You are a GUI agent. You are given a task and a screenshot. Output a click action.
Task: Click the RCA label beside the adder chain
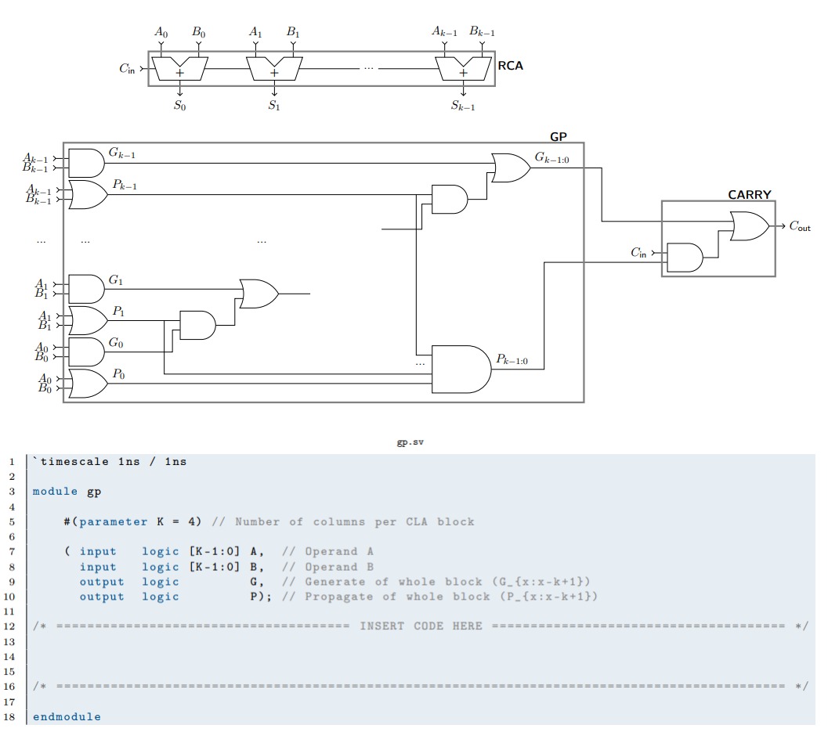pos(510,66)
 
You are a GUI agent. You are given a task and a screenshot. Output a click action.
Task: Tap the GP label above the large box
pos(558,136)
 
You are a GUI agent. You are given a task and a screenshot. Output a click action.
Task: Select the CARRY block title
pos(749,194)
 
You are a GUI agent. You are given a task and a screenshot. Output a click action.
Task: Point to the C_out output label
pos(799,226)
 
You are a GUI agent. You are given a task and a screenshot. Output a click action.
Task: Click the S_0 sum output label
pos(179,106)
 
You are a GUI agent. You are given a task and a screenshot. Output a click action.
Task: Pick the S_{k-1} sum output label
pos(462,106)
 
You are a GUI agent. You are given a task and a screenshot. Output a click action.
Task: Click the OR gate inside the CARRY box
pos(749,226)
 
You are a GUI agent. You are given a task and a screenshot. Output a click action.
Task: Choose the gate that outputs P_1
pos(88,320)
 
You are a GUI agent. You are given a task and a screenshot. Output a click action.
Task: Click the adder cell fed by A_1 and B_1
pos(274,68)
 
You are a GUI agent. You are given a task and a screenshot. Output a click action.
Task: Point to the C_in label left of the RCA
pos(127,69)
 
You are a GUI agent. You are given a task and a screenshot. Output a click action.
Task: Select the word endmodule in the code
pos(67,716)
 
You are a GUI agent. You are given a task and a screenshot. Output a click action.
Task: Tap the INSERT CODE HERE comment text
pos(421,626)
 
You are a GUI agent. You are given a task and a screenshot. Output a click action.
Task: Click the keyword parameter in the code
pos(113,521)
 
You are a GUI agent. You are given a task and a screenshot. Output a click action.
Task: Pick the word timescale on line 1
pos(74,461)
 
